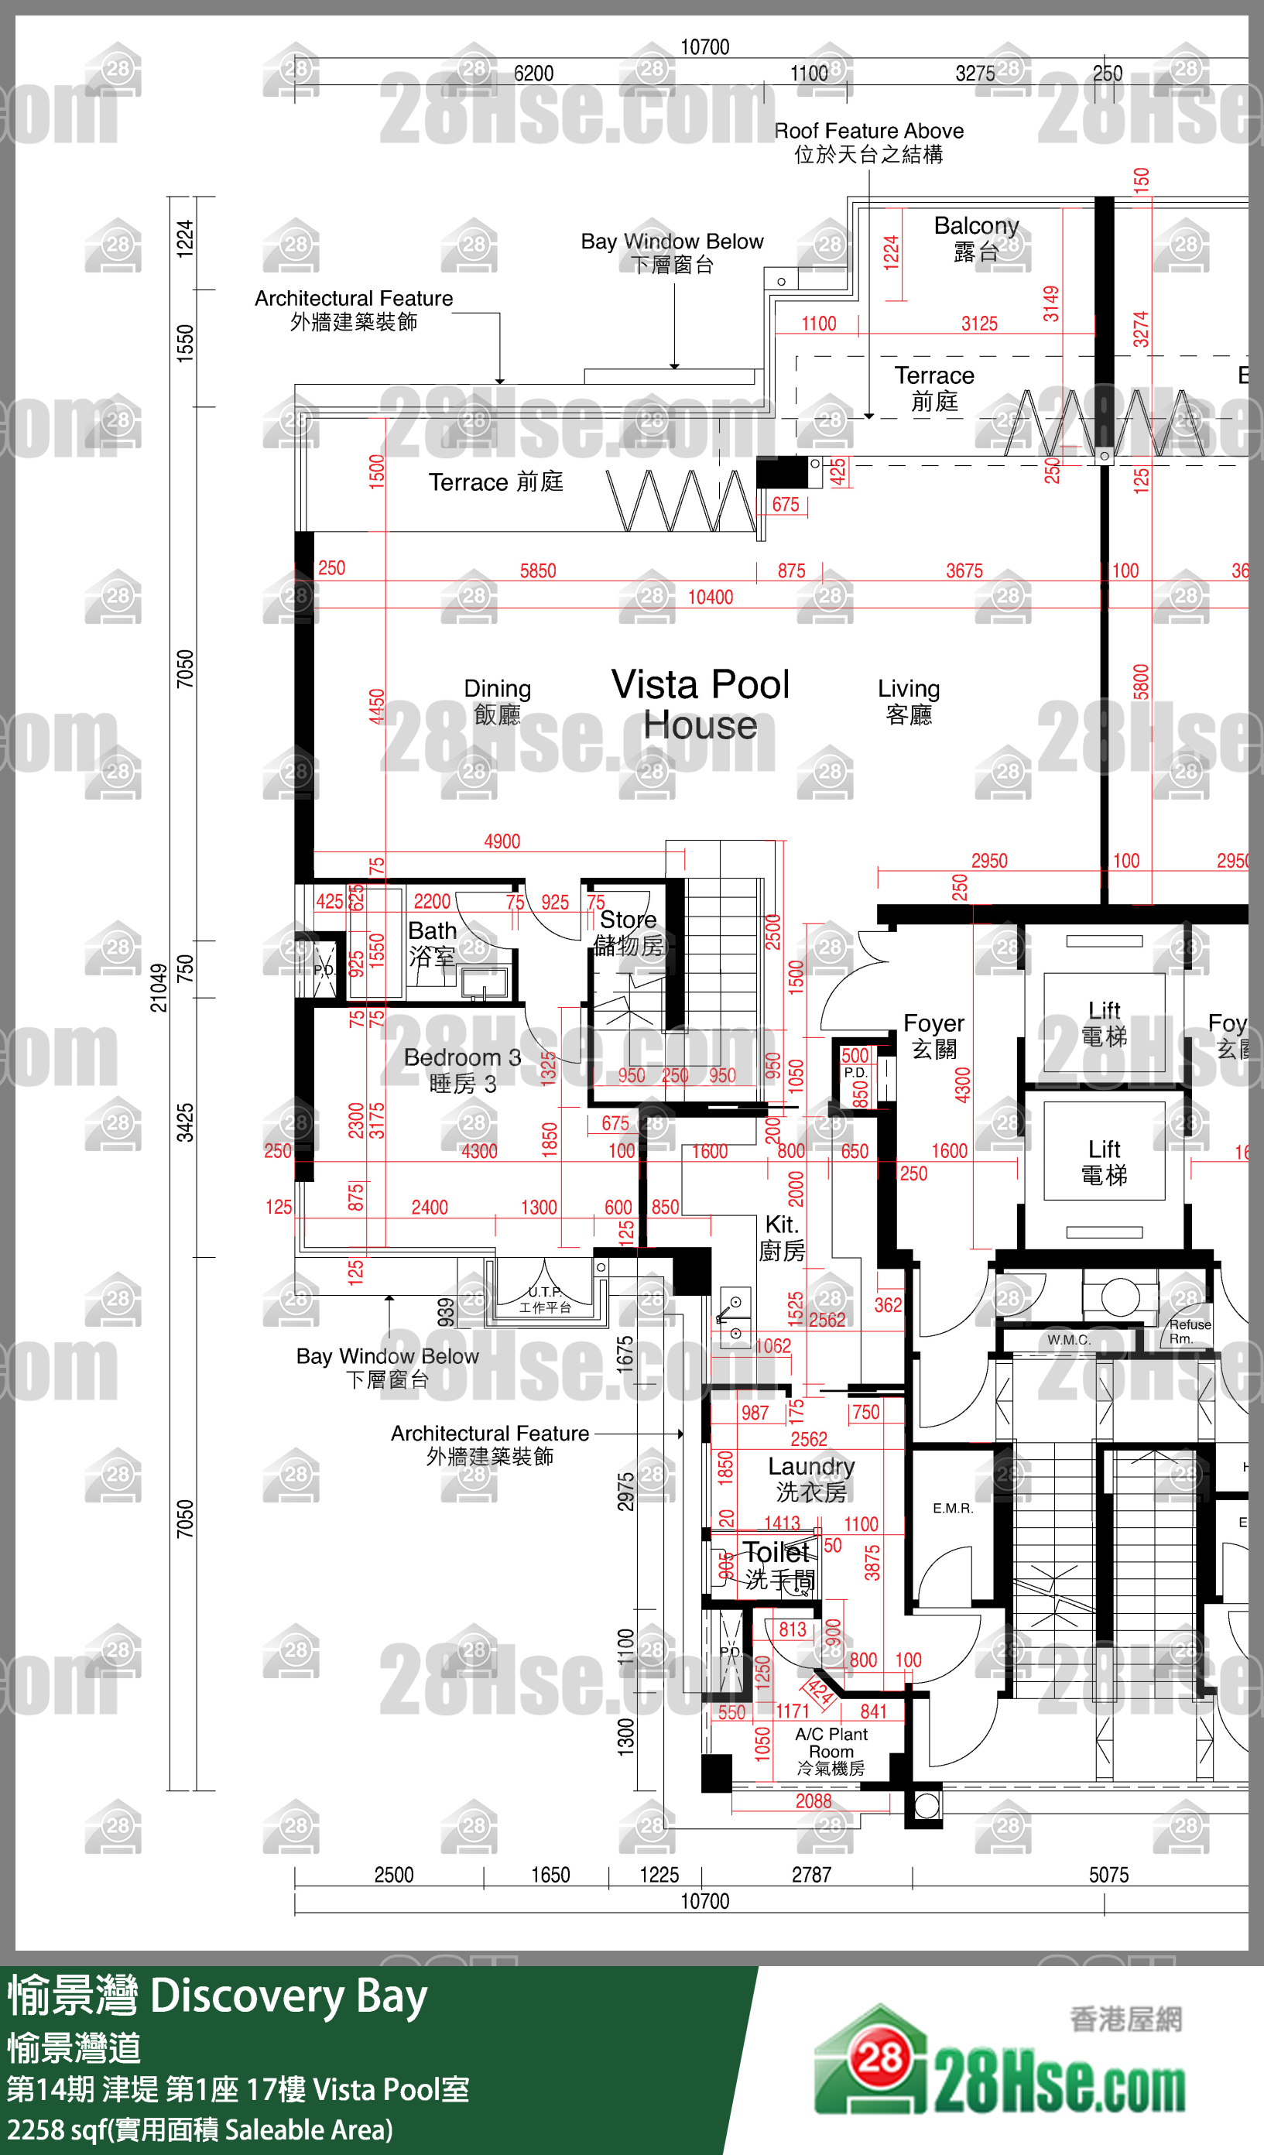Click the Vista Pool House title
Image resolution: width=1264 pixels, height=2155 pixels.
pyautogui.click(x=700, y=704)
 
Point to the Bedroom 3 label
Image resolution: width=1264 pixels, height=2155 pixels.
pyautogui.click(x=462, y=1070)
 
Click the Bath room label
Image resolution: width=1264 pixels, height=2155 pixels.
pyautogui.click(x=432, y=942)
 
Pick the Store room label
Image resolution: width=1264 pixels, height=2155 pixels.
pyautogui.click(x=629, y=931)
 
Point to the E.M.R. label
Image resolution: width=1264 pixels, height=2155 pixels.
pyautogui.click(x=953, y=1508)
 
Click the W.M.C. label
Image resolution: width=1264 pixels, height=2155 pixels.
pyautogui.click(x=1068, y=1339)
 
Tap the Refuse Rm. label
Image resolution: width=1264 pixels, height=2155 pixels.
pyautogui.click(x=1189, y=1331)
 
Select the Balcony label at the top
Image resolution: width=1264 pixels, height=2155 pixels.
pyautogui.click(x=976, y=238)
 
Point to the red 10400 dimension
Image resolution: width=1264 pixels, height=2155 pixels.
pyautogui.click(x=710, y=597)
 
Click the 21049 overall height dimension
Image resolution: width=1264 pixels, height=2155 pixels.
pyautogui.click(x=159, y=988)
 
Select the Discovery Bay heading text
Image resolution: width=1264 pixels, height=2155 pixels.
pyautogui.click(x=288, y=1997)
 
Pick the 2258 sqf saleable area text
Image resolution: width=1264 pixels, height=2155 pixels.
pyautogui.click(x=199, y=2129)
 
